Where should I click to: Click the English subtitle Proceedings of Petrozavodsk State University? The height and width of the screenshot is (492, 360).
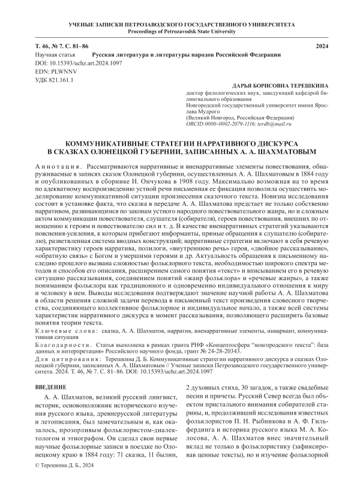click(x=179, y=30)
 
